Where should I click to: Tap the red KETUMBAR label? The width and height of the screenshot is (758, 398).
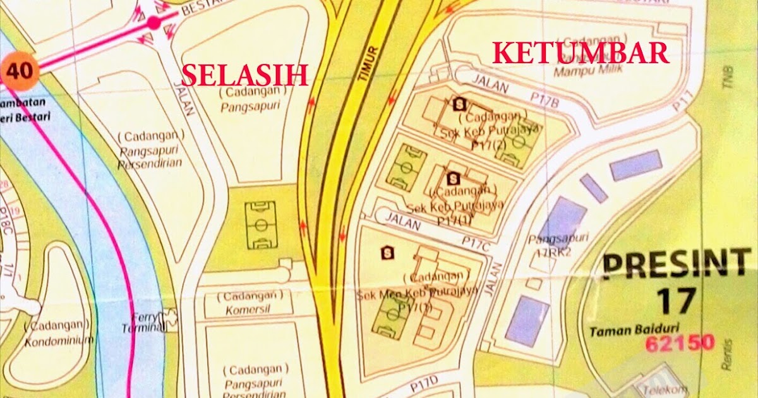[581, 53]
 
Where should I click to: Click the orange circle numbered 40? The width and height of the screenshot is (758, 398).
[20, 71]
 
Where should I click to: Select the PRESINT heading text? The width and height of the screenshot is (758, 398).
[673, 265]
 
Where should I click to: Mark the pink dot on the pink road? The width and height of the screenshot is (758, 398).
[153, 23]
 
